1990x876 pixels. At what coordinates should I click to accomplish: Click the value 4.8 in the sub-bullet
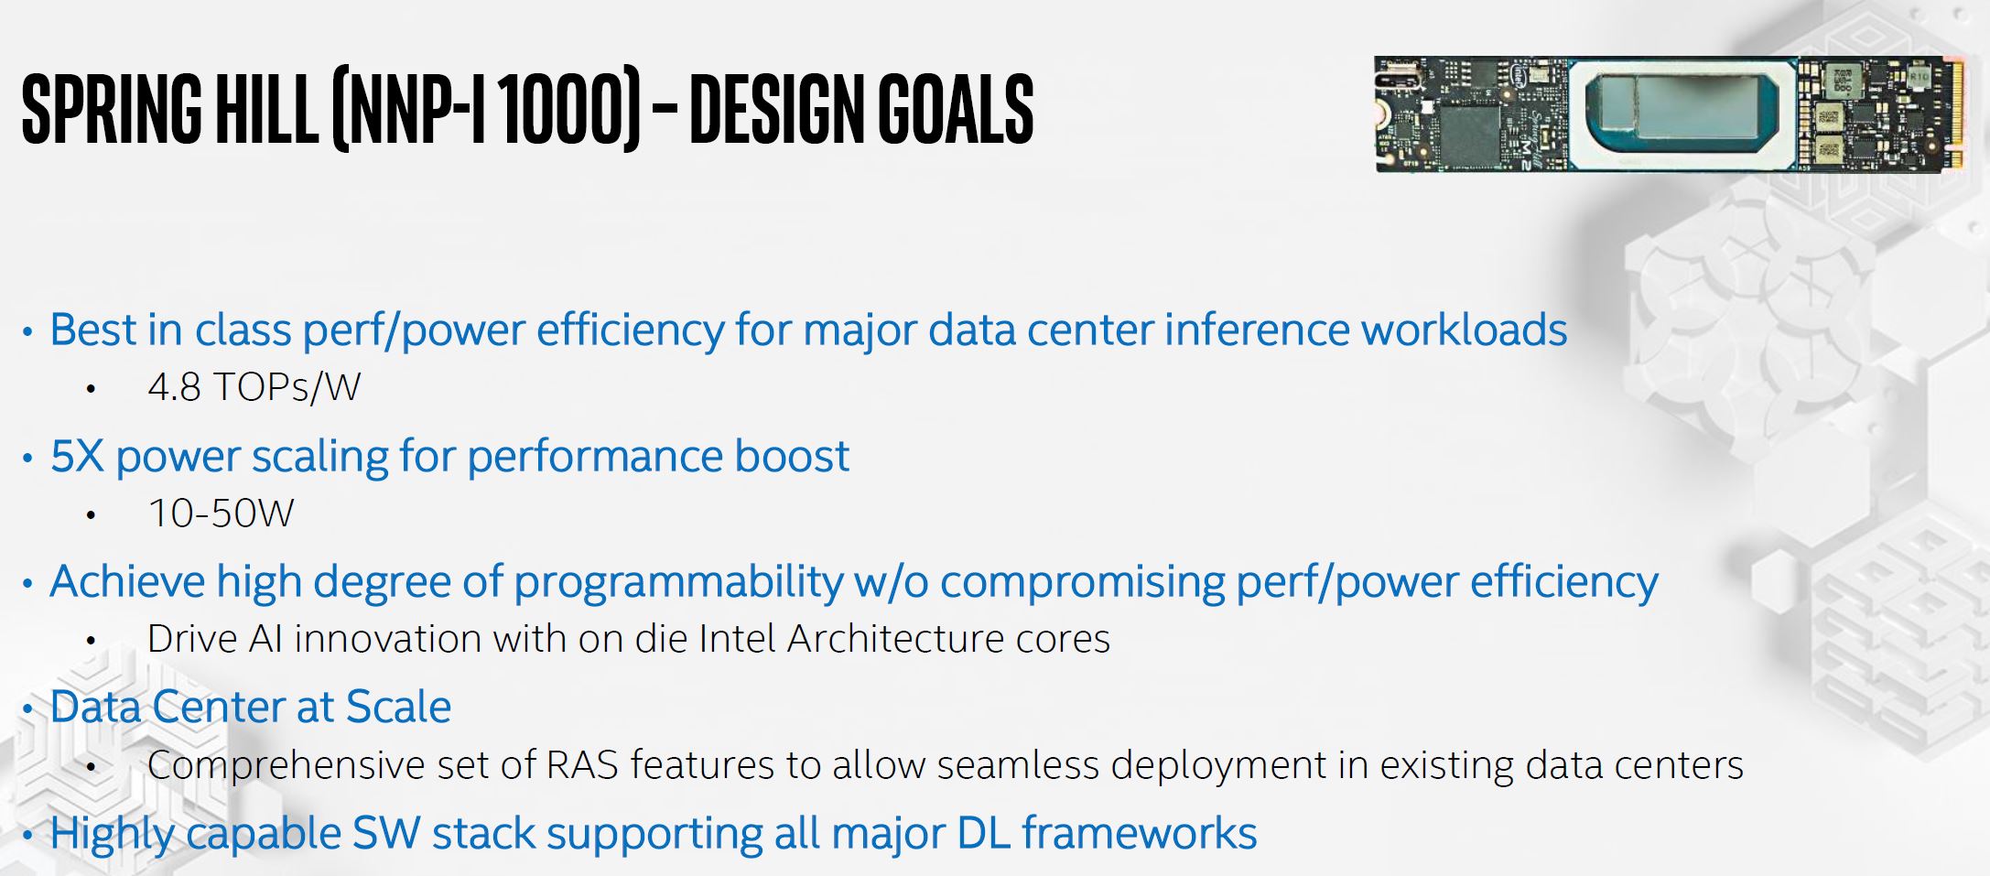tap(174, 387)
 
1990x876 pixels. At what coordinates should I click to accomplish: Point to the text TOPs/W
tap(287, 388)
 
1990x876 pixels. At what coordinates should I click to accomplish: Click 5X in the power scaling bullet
tap(77, 456)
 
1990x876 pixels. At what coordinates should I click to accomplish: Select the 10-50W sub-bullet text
tap(221, 514)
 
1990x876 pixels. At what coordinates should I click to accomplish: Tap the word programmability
tap(678, 583)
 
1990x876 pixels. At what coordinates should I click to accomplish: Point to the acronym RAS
tap(582, 765)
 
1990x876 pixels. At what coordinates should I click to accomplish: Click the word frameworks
tap(1140, 833)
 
